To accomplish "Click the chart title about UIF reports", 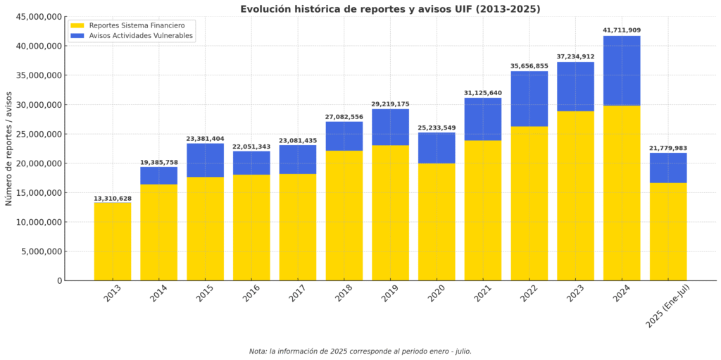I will tap(390, 9).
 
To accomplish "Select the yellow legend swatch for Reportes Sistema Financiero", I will tap(77, 25).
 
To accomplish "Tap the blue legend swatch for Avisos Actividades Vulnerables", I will tap(77, 36).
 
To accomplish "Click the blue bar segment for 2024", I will tap(622, 70).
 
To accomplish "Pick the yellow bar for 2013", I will tap(113, 242).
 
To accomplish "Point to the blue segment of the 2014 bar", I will tap(158, 175).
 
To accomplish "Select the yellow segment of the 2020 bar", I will tap(437, 222).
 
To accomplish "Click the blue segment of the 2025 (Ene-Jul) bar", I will tap(668, 168).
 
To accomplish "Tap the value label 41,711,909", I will tap(622, 30).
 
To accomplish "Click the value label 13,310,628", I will tap(113, 199).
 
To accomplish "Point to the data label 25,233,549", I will tap(437, 128).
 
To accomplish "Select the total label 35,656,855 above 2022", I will tap(529, 66).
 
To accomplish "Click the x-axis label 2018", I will tap(344, 294).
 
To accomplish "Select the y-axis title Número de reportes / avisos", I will tap(9, 149).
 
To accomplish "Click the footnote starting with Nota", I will tap(360, 351).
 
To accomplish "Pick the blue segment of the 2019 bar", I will tap(390, 127).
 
